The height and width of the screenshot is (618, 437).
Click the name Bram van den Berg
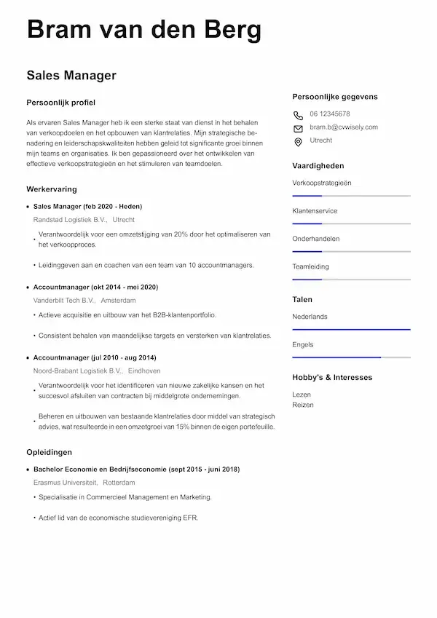coord(143,31)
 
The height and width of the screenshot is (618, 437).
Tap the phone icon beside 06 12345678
coord(298,115)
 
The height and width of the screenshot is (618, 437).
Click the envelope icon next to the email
coord(298,128)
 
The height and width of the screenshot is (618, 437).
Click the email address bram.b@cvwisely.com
coord(344,127)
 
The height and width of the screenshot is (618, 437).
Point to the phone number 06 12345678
coord(329,114)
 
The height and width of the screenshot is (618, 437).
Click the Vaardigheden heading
coord(318,166)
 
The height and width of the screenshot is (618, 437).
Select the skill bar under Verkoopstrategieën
coord(351,196)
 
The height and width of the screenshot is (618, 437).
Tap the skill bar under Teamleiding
coord(351,280)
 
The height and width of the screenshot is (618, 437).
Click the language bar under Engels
coord(351,357)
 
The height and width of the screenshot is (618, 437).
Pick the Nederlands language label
coord(310,317)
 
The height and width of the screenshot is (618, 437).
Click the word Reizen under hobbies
coord(302,405)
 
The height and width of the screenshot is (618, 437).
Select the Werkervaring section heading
coord(52,189)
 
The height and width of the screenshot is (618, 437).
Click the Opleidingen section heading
coord(49,452)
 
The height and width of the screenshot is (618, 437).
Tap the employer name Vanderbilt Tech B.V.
coord(64,300)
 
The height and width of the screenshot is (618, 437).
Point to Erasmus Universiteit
coord(65,483)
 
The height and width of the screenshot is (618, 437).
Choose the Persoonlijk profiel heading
coord(60,103)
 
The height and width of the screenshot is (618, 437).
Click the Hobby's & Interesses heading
coord(332,378)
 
